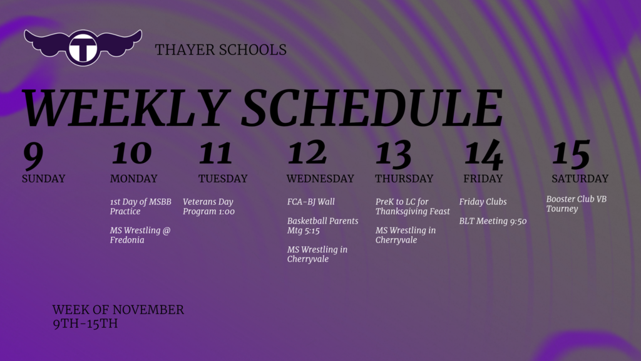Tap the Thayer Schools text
[x=220, y=50]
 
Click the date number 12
[x=307, y=153]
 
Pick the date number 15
[x=571, y=153]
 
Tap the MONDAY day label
[x=133, y=179]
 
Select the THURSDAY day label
[x=404, y=179]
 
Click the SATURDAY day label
[x=580, y=179]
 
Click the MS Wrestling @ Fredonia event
[x=140, y=235]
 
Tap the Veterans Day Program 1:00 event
[x=208, y=207]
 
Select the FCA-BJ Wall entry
[x=310, y=202]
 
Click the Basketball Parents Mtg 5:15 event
[x=322, y=226]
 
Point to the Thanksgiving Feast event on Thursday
[x=413, y=207]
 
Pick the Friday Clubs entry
[x=483, y=202]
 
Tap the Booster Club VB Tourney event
[x=576, y=204]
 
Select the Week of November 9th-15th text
[x=118, y=317]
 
